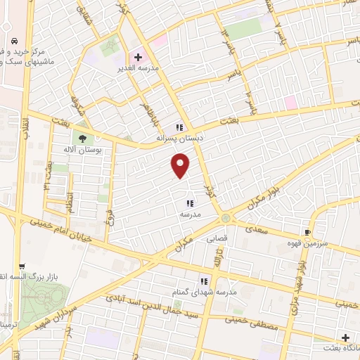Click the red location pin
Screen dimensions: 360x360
pos(181,165)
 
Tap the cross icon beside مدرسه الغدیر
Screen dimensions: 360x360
pos(139,57)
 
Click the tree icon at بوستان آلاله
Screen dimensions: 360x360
pos(84,138)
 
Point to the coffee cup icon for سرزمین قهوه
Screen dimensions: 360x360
pos(307,232)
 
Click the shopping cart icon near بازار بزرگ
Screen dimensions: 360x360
pos(22,267)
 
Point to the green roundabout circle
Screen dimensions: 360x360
pos(224,218)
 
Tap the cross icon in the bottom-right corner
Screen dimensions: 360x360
pos(345,337)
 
